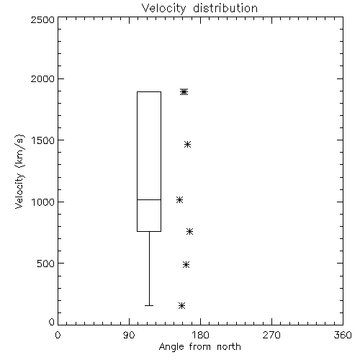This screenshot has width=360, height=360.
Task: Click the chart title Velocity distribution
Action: point(199,8)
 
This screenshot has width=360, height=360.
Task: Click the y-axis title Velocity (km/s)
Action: point(19,172)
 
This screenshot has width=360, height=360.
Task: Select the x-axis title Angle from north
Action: point(199,347)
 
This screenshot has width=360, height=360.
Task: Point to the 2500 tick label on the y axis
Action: point(42,19)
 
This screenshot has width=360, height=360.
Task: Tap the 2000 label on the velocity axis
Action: point(42,78)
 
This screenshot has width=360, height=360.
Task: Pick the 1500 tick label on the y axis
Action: point(43,140)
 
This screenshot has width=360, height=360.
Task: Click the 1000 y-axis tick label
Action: point(43,202)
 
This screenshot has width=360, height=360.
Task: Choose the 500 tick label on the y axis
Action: point(46,264)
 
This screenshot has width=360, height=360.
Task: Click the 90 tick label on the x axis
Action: point(129,335)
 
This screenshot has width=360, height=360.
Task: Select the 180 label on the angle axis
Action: point(200,335)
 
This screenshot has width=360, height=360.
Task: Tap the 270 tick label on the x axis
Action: point(271,335)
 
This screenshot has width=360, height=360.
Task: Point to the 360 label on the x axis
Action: point(343,335)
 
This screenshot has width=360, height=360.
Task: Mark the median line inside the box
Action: point(149,199)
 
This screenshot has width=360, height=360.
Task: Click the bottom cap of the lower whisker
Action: point(149,305)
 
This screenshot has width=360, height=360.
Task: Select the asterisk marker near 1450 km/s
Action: point(187,144)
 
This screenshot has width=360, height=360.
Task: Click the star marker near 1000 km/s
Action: point(179,199)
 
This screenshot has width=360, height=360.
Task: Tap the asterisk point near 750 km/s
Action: point(190,231)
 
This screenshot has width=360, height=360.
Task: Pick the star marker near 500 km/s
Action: point(186,264)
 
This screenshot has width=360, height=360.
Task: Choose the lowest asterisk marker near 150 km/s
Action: point(181,305)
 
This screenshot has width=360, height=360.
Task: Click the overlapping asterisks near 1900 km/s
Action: point(184,91)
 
